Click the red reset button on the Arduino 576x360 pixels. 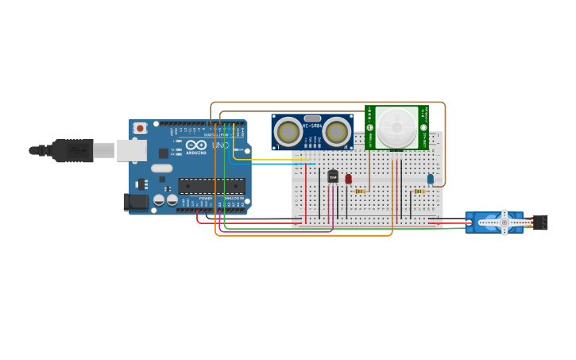pyautogui.click(x=140, y=128)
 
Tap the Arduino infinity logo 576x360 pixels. pyautogui.click(x=196, y=145)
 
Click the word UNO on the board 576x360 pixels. pyautogui.click(x=220, y=145)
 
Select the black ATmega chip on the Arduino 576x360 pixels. pyautogui.click(x=211, y=186)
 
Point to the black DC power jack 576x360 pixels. pyautogui.click(x=137, y=202)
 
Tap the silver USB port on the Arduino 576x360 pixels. pyautogui.click(x=132, y=150)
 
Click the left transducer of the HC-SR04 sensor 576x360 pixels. pyautogui.click(x=288, y=132)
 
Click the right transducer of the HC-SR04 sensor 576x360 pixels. pyautogui.click(x=336, y=132)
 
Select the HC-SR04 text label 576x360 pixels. pyautogui.click(x=312, y=126)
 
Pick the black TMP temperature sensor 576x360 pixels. pyautogui.click(x=333, y=176)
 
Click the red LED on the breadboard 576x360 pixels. pyautogui.click(x=348, y=179)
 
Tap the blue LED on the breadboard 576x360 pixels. pyautogui.click(x=431, y=179)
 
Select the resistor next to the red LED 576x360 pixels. pyautogui.click(x=360, y=191)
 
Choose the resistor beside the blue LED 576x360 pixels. pyautogui.click(x=419, y=191)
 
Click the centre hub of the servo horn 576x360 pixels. pyautogui.click(x=504, y=223)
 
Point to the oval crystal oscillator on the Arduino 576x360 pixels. pyautogui.click(x=162, y=168)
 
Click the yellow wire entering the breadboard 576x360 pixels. pyautogui.click(x=302, y=159)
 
